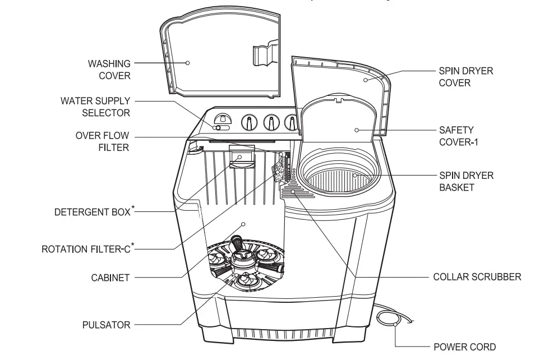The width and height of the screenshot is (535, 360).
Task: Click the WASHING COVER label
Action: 109,70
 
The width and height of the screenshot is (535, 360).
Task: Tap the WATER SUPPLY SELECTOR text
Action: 95,107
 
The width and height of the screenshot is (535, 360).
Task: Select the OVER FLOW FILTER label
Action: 103,141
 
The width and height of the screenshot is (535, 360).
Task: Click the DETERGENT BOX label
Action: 92,213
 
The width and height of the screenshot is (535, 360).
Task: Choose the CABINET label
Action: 110,278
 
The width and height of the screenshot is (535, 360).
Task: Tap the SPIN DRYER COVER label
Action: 458,77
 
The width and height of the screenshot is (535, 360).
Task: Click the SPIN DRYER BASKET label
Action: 458,181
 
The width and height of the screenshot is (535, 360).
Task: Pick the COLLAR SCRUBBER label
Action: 477,277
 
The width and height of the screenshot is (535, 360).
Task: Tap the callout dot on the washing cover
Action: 188,63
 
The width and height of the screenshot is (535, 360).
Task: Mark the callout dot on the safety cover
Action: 357,130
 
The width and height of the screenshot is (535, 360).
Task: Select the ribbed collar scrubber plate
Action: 297,194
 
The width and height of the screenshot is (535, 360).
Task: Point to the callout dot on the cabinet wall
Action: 243,224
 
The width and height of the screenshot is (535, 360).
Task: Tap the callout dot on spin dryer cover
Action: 365,80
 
